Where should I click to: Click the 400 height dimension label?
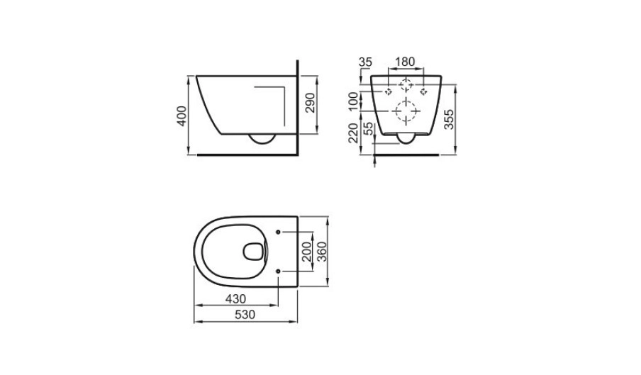(182, 116)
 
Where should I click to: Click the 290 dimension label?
(311, 103)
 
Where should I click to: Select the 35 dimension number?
(365, 62)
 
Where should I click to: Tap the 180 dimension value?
(405, 62)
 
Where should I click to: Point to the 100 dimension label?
(353, 101)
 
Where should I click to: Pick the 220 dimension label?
(353, 133)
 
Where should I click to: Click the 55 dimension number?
(368, 129)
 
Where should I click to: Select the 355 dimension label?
(449, 119)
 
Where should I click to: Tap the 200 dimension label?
(307, 252)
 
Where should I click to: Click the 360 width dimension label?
(322, 252)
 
